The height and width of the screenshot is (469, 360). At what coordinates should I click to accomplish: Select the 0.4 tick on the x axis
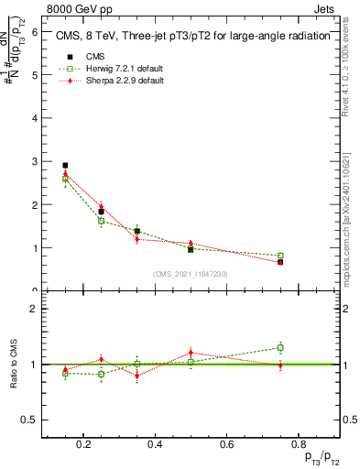coord(155,444)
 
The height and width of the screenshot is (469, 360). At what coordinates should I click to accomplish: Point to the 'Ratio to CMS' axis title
coord(14,365)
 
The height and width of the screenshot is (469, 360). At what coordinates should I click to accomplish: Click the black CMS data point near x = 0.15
coord(65,166)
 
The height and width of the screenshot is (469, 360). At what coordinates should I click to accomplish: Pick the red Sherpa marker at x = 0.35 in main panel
coord(136,239)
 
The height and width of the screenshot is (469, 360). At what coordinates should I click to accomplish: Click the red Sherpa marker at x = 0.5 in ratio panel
coord(191,352)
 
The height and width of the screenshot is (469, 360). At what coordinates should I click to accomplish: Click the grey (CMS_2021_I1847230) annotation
coord(191,274)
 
